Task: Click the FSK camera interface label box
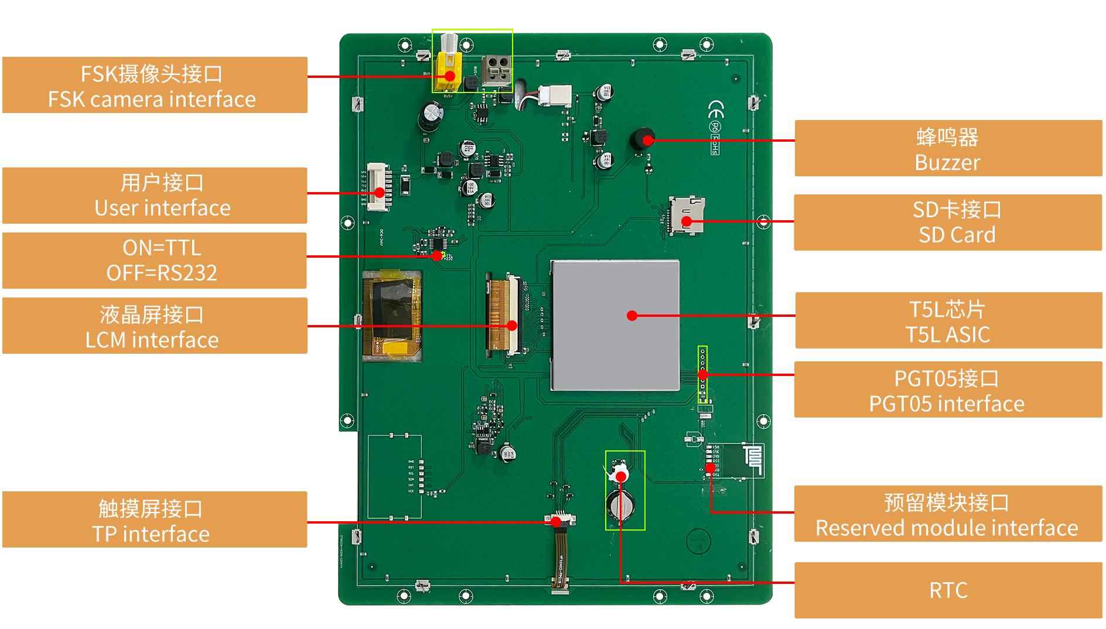click(x=155, y=85)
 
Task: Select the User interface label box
click(x=155, y=196)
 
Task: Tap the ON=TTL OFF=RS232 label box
click(x=155, y=260)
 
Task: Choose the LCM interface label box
click(x=155, y=326)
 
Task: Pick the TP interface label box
click(x=155, y=519)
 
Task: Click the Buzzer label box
click(x=948, y=148)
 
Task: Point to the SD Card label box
click(x=948, y=223)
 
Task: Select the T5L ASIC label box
click(x=948, y=321)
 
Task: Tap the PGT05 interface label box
click(x=948, y=389)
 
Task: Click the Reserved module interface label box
click(x=948, y=514)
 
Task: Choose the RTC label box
click(x=948, y=590)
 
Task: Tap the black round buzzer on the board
click(x=640, y=139)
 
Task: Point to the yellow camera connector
click(x=448, y=69)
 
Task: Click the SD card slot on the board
click(x=687, y=214)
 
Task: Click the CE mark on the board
click(x=715, y=110)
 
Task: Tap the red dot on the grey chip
click(x=631, y=316)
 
